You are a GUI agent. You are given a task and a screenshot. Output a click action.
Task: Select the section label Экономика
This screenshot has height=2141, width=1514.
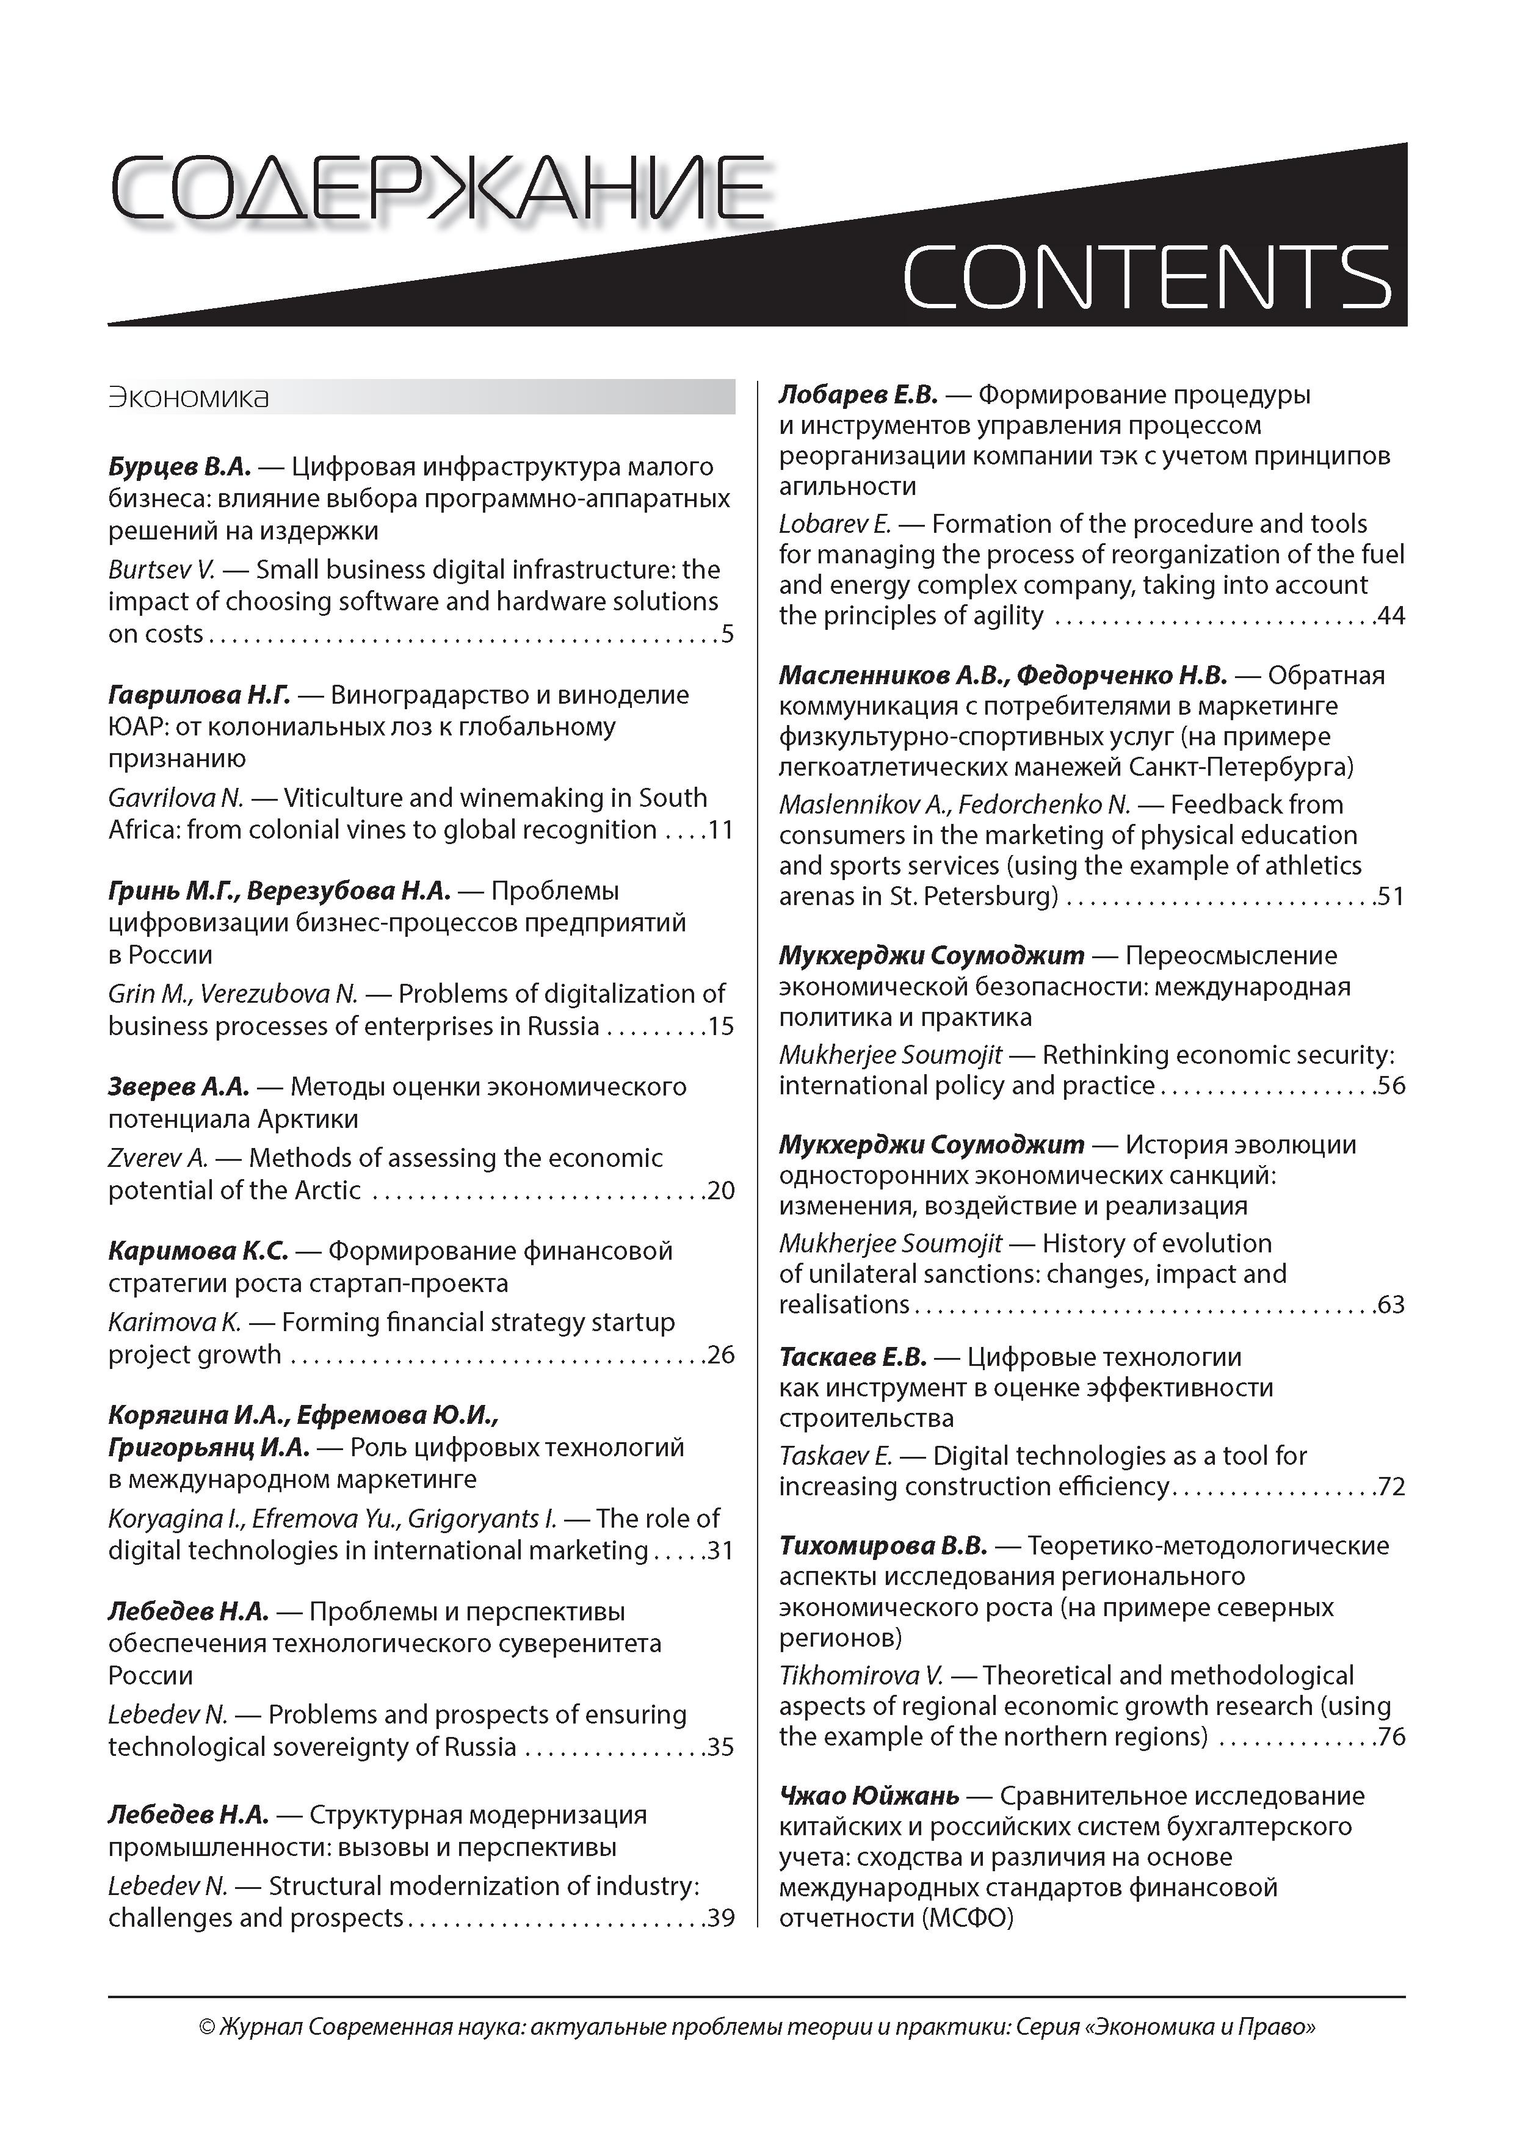[x=189, y=397]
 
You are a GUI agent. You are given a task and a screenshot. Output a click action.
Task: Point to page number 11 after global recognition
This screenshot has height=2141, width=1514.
[x=720, y=830]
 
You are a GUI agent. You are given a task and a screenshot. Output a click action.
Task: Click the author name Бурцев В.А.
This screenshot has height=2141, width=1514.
[x=179, y=466]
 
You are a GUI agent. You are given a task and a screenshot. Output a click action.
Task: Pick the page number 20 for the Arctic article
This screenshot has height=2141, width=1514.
[x=721, y=1190]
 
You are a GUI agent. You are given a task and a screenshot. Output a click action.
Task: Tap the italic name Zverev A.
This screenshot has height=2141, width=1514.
[x=158, y=1158]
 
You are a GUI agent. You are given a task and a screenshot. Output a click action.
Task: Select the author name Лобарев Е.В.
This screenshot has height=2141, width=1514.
[x=857, y=394]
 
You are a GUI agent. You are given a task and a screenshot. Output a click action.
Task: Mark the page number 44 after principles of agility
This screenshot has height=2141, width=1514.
[x=1391, y=615]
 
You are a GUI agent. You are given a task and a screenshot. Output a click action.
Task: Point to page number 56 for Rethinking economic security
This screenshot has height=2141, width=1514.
[x=1391, y=1085]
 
